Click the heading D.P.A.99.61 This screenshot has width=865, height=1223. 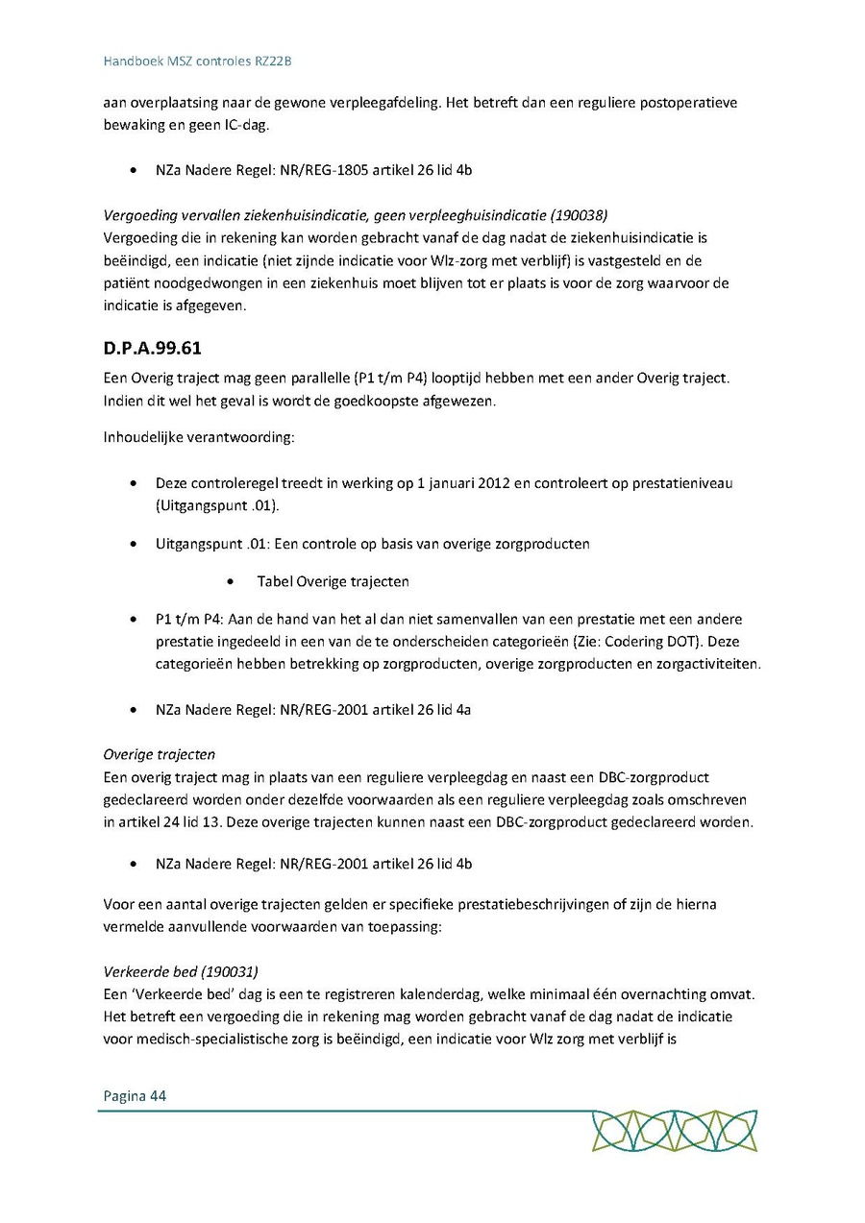click(x=153, y=349)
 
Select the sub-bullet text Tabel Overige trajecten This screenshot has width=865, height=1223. click(x=333, y=581)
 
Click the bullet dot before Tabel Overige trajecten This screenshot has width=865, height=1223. click(x=232, y=582)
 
